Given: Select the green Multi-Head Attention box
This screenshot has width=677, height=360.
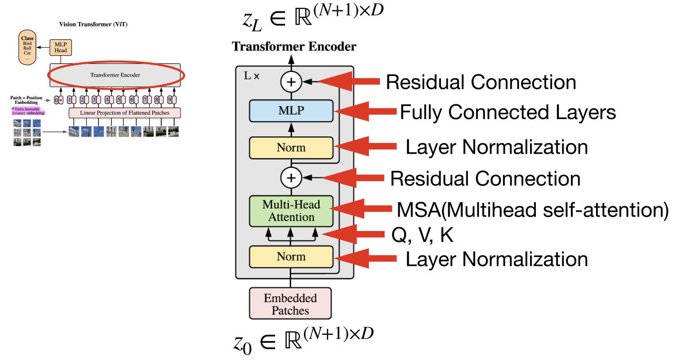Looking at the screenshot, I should point(291,211).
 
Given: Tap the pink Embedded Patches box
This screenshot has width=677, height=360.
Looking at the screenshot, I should point(290,304).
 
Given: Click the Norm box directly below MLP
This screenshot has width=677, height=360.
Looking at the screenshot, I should point(291,148).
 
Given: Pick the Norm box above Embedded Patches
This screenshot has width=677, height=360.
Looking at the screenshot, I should point(291,257).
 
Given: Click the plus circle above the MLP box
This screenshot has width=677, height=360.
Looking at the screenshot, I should point(291,82).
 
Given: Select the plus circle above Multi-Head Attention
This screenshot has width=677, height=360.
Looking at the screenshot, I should point(291,178).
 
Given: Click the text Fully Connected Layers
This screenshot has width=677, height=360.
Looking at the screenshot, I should point(508,112).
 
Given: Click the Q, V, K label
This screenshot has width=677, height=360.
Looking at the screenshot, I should point(423,235).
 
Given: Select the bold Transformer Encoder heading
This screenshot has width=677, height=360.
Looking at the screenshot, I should point(294,47).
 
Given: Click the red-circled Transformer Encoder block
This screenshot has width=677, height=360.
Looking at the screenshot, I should point(115,75).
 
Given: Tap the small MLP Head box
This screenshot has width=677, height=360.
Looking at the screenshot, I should point(61,47).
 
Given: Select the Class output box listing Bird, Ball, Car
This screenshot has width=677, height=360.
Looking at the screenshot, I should point(27,47).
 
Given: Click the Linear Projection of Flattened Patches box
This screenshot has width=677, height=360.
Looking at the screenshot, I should point(125,113).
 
